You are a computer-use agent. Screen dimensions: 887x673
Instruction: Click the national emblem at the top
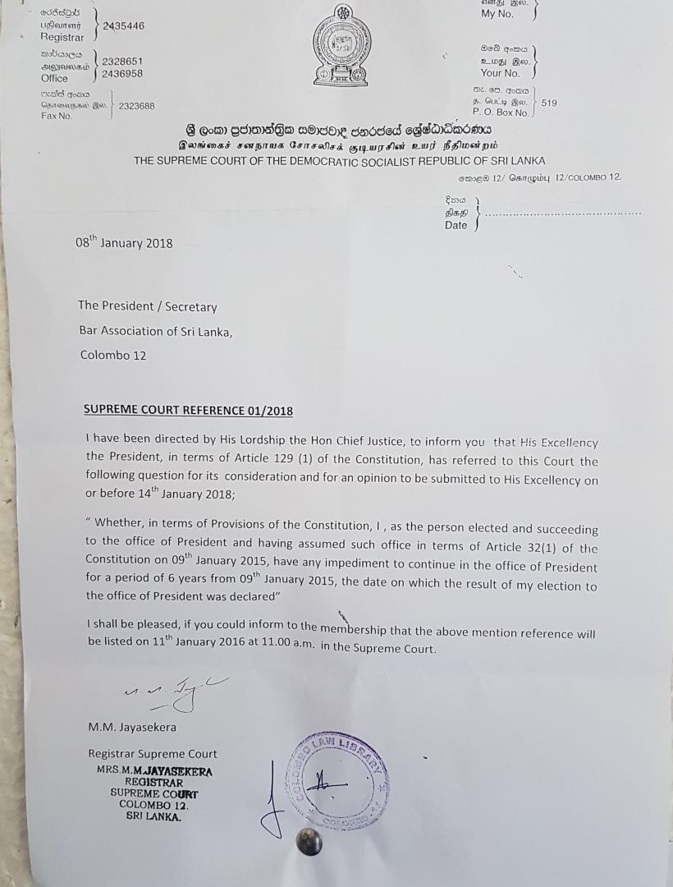point(341,46)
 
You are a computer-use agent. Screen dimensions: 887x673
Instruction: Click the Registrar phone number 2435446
point(124,26)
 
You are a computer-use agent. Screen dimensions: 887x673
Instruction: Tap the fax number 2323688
point(136,106)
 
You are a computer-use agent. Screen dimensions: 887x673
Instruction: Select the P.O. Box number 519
point(549,103)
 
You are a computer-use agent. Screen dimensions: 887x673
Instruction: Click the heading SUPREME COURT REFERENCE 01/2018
point(188,411)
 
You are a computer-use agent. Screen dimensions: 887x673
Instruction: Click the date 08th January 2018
point(124,243)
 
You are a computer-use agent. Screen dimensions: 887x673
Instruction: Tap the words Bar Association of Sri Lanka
point(156,331)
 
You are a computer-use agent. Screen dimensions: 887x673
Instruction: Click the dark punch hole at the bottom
point(308,841)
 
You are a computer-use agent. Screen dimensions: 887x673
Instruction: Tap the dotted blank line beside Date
point(563,214)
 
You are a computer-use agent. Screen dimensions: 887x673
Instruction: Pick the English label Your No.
point(501,73)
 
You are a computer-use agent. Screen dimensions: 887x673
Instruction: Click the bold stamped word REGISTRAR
point(153,782)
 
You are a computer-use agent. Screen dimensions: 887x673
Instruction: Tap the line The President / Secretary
point(148,306)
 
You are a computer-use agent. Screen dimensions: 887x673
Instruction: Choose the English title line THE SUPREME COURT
point(339,161)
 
